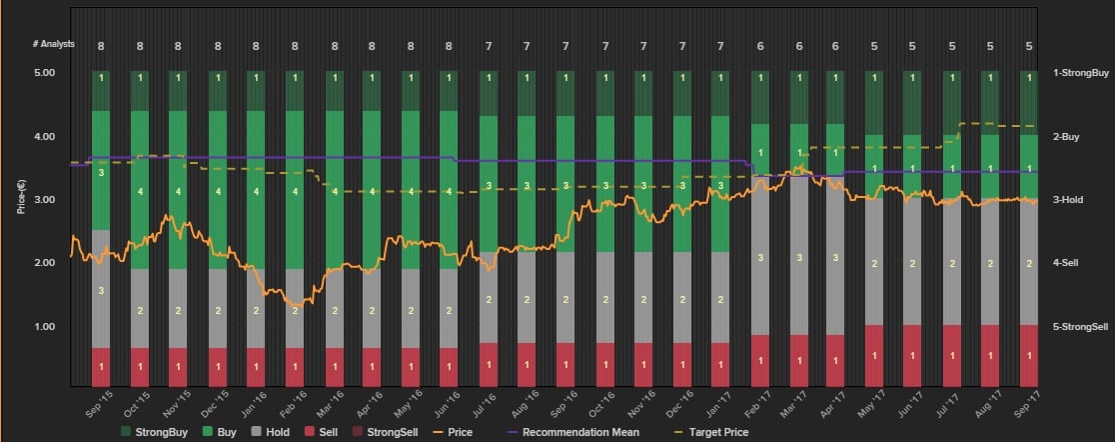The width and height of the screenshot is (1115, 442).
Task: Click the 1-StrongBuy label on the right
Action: point(1080,73)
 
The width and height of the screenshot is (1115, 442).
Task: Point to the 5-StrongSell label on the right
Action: point(1080,327)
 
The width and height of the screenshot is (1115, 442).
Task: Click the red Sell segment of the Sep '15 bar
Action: point(101,366)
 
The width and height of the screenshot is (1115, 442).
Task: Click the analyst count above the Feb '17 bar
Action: point(760,46)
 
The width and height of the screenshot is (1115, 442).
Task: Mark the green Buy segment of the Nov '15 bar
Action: point(178,190)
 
